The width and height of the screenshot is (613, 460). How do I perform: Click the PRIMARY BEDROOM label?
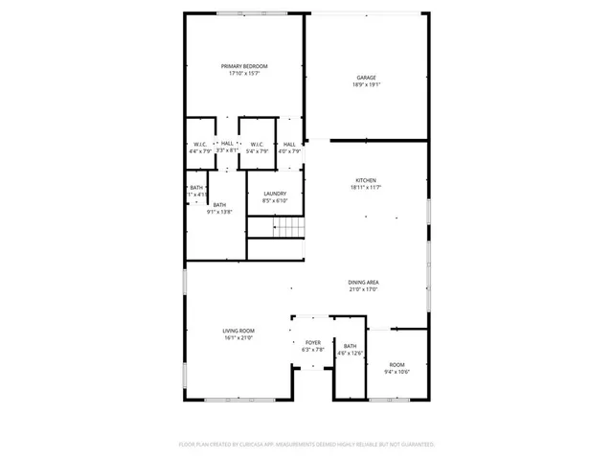244,66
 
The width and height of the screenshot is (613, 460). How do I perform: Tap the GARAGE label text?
366,78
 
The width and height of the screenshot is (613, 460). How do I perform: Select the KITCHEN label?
366,180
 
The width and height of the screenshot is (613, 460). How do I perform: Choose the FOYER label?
312,342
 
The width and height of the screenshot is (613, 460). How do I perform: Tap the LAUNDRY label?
275,194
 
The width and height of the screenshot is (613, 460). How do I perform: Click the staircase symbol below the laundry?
288,227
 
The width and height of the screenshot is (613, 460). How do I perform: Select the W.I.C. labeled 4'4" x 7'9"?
199,144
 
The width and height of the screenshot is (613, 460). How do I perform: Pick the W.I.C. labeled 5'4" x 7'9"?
257,144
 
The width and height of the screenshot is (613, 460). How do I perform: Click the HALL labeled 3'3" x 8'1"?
227,144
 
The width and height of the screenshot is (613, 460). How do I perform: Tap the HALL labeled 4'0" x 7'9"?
289,144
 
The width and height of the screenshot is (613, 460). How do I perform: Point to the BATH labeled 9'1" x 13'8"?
219,205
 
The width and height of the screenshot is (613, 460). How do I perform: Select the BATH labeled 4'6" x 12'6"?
350,346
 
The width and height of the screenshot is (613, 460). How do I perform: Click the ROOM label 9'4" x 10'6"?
397,364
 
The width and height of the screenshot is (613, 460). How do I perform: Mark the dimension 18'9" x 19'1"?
366,85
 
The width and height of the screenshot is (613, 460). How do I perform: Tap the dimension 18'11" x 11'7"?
366,188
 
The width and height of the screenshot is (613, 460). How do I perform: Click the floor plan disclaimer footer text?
306,445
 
